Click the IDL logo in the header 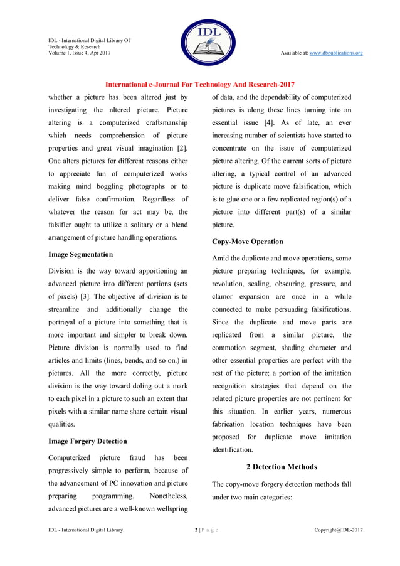coord(199,42)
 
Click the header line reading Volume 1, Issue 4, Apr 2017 coord(80,53)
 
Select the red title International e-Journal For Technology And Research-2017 coord(199,84)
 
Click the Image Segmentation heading coord(81,254)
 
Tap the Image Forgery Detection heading coord(88,441)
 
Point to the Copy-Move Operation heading coord(247,241)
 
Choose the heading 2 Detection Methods coord(282,467)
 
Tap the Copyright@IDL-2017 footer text coord(338,530)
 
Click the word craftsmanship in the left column coord(164,122)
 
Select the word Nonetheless coord(162,495)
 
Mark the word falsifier coord(65,225)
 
